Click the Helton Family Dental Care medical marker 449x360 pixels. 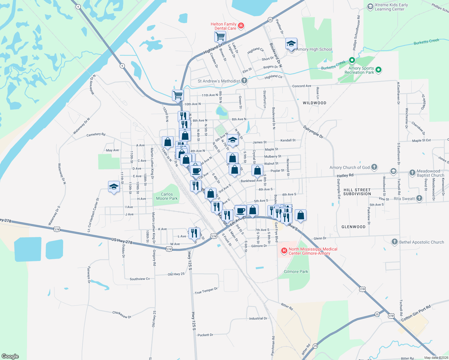[241, 26]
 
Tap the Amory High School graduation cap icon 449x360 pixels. [291, 44]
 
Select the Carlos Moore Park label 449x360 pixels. [167, 196]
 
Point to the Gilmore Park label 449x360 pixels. [296, 271]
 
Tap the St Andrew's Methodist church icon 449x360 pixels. [244, 80]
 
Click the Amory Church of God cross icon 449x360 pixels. [374, 167]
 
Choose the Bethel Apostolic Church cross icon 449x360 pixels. [395, 242]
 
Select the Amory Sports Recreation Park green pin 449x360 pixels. [378, 70]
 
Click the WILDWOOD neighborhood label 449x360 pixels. [314, 103]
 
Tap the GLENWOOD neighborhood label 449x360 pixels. [353, 227]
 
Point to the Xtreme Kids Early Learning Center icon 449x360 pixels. [370, 7]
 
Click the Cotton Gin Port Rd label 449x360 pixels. [416, 313]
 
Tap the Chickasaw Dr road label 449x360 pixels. [122, 315]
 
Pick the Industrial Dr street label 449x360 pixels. [258, 318]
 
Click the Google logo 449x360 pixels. [10, 356]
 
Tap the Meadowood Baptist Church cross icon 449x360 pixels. [412, 173]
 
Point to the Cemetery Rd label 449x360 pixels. [96, 134]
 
